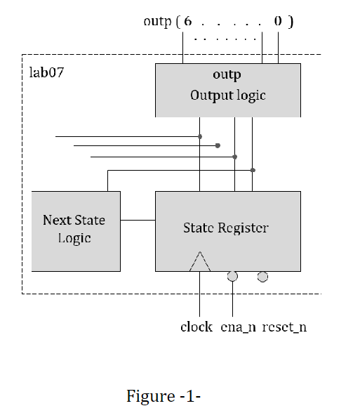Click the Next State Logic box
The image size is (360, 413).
(x=75, y=231)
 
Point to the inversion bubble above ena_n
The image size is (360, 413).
(x=233, y=277)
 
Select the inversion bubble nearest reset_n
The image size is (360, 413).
(x=262, y=277)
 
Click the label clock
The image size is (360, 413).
(x=196, y=327)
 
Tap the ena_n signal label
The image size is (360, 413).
(x=236, y=327)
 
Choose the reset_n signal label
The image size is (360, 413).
(x=284, y=327)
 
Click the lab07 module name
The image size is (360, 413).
(x=47, y=72)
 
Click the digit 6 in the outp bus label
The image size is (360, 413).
(x=187, y=21)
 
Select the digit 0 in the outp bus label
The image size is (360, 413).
(x=279, y=21)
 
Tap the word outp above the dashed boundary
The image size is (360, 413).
(x=157, y=21)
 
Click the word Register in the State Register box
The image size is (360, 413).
(x=244, y=228)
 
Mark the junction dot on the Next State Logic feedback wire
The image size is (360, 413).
(x=253, y=170)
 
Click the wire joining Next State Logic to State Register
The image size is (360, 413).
(x=138, y=220)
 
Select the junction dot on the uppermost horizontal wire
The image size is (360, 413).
(x=200, y=136)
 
